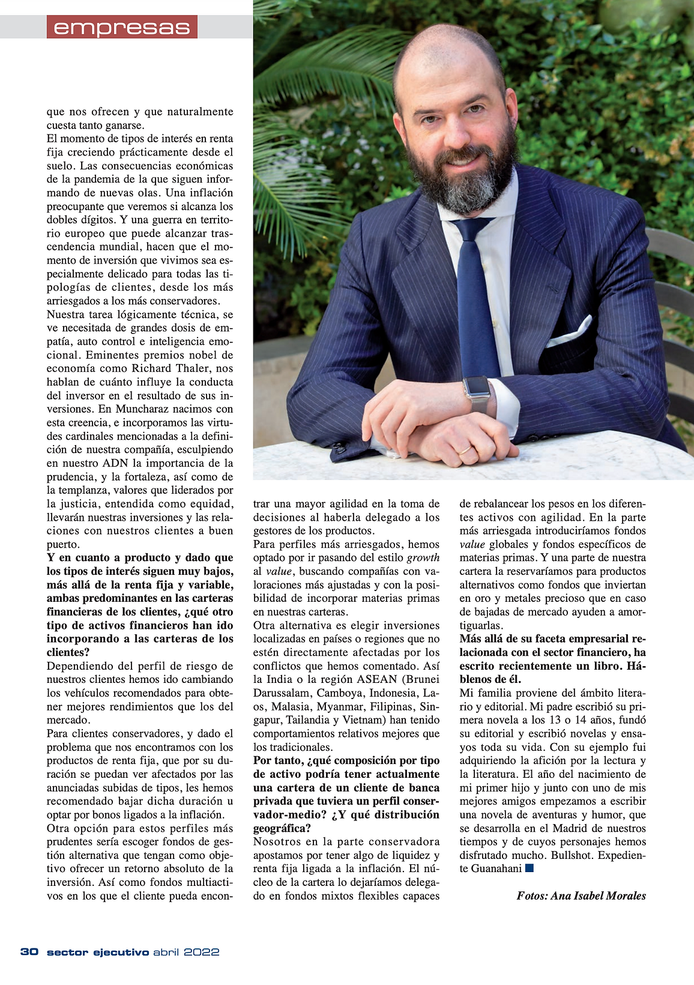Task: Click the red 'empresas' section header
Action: click(x=122, y=28)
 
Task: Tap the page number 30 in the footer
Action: click(x=29, y=952)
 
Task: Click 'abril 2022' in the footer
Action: click(x=186, y=952)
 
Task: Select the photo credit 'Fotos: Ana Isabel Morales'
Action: click(x=581, y=896)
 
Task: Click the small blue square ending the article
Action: click(x=529, y=868)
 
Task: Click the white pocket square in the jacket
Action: click(x=570, y=332)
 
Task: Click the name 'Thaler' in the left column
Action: click(x=195, y=368)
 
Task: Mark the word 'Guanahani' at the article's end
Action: click(x=496, y=868)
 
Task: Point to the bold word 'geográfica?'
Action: click(x=282, y=828)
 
